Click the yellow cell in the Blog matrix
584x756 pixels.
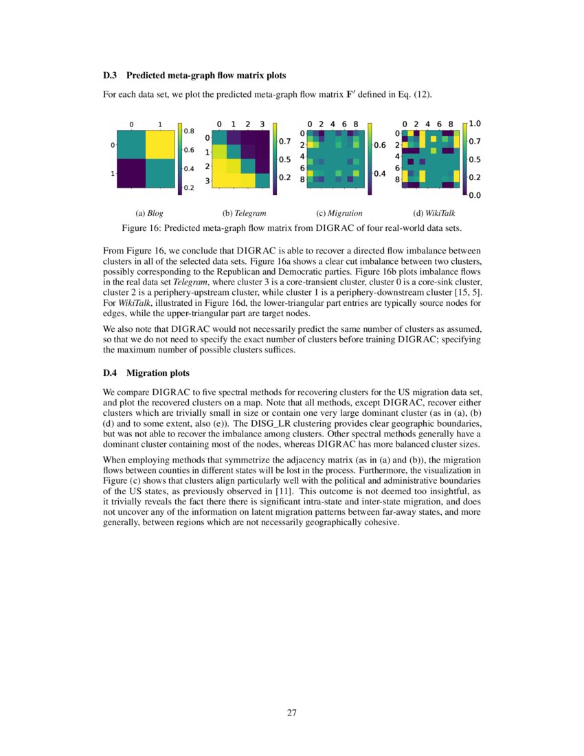(160, 145)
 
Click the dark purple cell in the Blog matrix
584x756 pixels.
(131, 173)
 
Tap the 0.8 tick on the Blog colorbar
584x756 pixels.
(188, 131)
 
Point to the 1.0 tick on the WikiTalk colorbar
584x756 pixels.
(475, 124)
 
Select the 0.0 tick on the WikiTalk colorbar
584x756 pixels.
(475, 195)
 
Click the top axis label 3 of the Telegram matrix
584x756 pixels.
(262, 124)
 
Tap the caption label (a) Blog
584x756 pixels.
(150, 213)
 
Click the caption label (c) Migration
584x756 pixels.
(339, 213)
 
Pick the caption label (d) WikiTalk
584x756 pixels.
(434, 213)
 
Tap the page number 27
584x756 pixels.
(292, 712)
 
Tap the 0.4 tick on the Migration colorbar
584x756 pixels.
(379, 173)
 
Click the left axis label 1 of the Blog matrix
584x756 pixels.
(112, 174)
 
